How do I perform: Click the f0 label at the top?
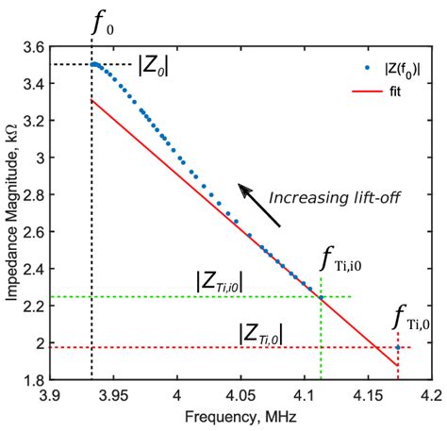100,22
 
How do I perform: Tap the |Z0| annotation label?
154,66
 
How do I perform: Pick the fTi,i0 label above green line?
340,259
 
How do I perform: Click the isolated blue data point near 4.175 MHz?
399,348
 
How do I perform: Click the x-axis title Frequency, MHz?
240,418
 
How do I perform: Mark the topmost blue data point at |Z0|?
94,64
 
